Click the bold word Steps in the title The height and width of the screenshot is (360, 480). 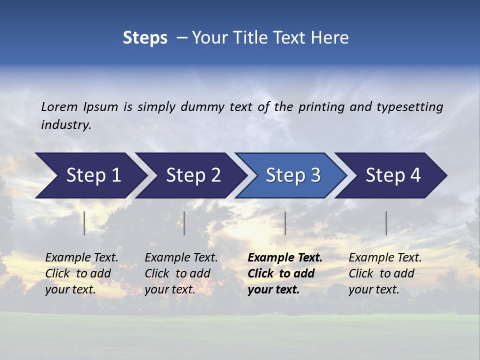click(145, 38)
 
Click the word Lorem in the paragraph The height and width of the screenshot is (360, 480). click(59, 106)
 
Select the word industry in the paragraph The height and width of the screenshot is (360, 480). click(66, 124)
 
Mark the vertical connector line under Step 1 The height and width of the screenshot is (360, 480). click(84, 223)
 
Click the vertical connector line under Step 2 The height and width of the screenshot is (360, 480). click(184, 223)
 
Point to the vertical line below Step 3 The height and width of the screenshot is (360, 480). click(285, 223)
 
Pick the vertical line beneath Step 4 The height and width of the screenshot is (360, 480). click(386, 223)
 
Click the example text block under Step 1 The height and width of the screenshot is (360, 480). click(81, 273)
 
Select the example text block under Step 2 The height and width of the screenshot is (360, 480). click(181, 273)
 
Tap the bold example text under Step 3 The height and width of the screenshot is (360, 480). click(285, 273)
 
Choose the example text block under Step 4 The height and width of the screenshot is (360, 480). click(385, 273)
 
